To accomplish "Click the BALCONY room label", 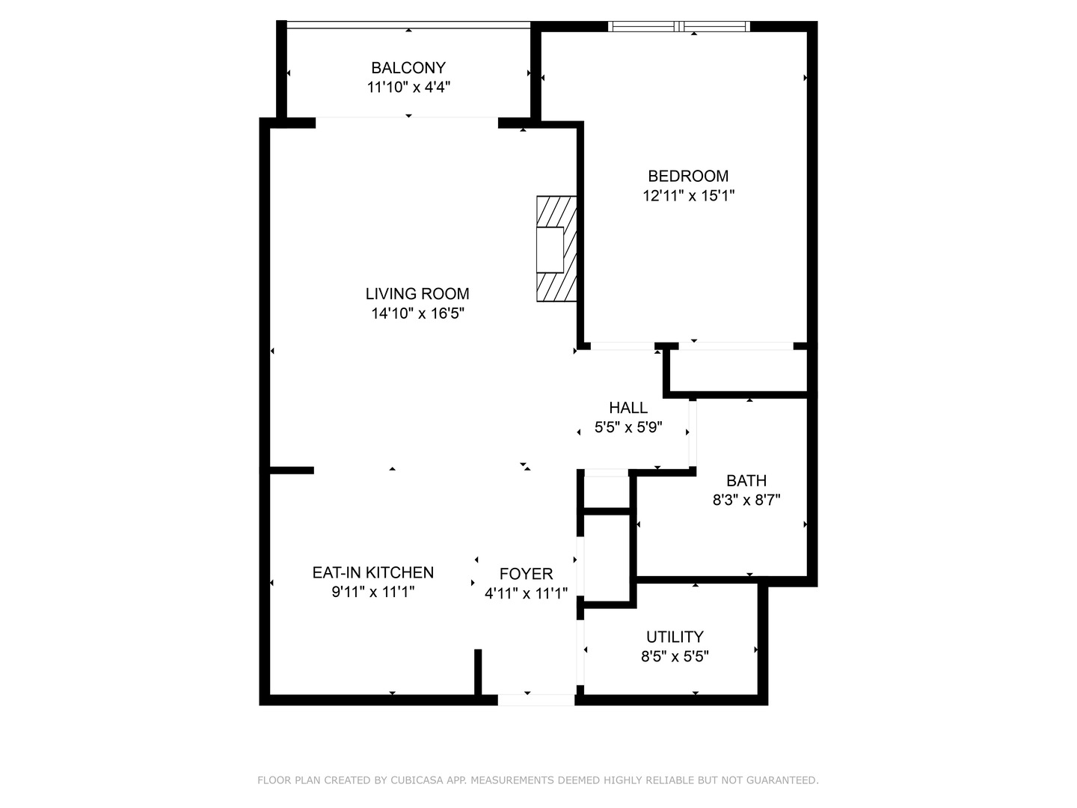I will pyautogui.click(x=408, y=68).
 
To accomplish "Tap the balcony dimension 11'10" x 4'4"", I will pyautogui.click(x=408, y=88).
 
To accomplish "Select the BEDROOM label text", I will pyautogui.click(x=688, y=177).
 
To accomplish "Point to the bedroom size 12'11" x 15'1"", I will pyautogui.click(x=688, y=196).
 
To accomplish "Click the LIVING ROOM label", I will pyautogui.click(x=417, y=294).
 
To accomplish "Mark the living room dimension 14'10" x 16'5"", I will pyautogui.click(x=417, y=313).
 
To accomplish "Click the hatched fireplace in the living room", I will pyautogui.click(x=556, y=249).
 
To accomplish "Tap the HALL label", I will pyautogui.click(x=628, y=408).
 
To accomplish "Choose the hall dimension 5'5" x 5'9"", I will pyautogui.click(x=628, y=428).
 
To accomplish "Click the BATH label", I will pyautogui.click(x=746, y=481).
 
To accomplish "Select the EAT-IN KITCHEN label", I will pyautogui.click(x=372, y=572).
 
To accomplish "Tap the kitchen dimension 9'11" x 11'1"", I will pyautogui.click(x=372, y=592).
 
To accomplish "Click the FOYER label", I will pyautogui.click(x=526, y=574).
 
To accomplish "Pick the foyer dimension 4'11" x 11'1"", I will pyautogui.click(x=526, y=594).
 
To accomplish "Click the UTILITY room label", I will pyautogui.click(x=675, y=637).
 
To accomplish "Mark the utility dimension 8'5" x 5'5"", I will pyautogui.click(x=675, y=657).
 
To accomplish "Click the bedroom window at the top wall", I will pyautogui.click(x=679, y=27).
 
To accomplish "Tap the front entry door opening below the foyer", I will pyautogui.click(x=536, y=700).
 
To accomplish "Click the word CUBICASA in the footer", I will pyautogui.click(x=417, y=780).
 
